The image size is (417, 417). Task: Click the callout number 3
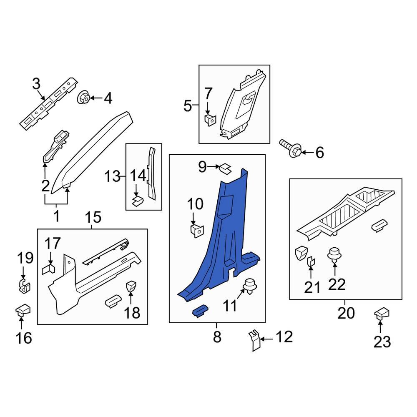click(x=36, y=84)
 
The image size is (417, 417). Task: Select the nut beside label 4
click(x=83, y=98)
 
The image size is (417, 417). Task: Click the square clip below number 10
click(x=196, y=230)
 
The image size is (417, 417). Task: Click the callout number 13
click(x=112, y=176)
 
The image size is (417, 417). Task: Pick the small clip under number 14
click(x=138, y=202)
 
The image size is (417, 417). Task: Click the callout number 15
click(x=93, y=217)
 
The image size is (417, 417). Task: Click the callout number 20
click(x=345, y=312)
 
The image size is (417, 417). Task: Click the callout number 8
click(x=217, y=337)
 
